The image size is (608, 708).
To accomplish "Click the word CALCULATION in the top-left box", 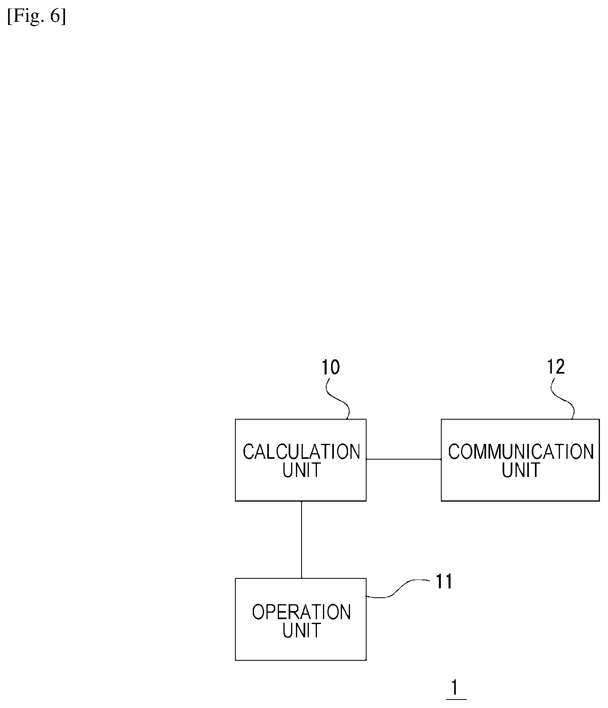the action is coord(301,452).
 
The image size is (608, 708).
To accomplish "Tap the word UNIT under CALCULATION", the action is coord(302,470).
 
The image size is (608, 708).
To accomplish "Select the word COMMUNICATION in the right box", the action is coord(521,452).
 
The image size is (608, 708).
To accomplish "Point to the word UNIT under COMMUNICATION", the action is coord(521,470).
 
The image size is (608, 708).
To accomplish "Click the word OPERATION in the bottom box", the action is coord(302,612).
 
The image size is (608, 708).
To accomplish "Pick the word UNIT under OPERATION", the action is coord(302,630).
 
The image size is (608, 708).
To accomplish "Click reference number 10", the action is coord(331,367).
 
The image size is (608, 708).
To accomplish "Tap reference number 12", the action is coord(556,367).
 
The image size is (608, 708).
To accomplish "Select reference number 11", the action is coord(444,582).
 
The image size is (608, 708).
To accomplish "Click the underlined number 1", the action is coord(455,688).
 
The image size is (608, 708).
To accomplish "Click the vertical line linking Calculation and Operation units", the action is coord(302,540).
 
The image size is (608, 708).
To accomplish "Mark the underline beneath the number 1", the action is coord(456,699).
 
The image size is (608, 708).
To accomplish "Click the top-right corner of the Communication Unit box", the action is coord(599,420).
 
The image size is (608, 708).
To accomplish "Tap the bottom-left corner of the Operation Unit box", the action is coord(236,660).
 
